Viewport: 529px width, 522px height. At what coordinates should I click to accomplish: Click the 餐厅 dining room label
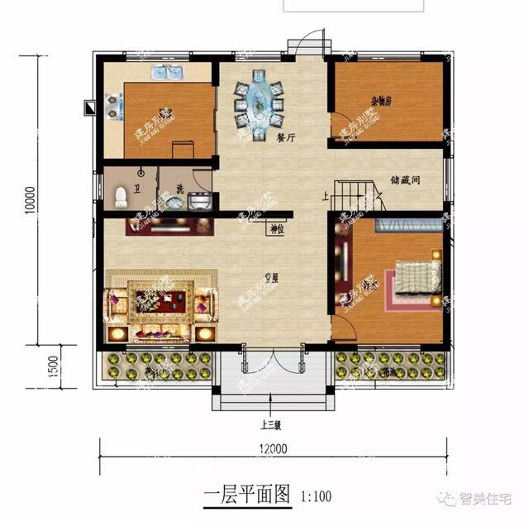pyautogui.click(x=287, y=139)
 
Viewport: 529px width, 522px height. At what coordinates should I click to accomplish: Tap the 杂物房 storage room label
pyautogui.click(x=381, y=102)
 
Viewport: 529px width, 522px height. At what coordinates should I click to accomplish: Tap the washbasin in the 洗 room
pyautogui.click(x=199, y=199)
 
